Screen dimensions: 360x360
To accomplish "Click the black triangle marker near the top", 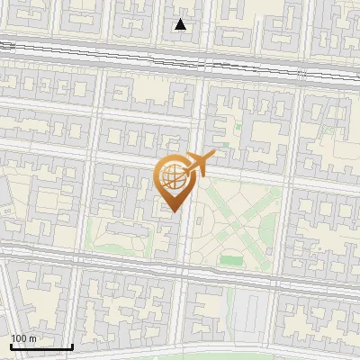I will [x=181, y=24].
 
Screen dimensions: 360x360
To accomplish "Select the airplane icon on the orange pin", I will [x=200, y=164].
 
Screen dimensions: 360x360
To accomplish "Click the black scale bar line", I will [x=41, y=347].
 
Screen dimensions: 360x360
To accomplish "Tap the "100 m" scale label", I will [x=24, y=338].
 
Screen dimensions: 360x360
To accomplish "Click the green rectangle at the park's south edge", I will [x=231, y=260].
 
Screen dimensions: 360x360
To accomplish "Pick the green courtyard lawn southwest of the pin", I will [x=121, y=247].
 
